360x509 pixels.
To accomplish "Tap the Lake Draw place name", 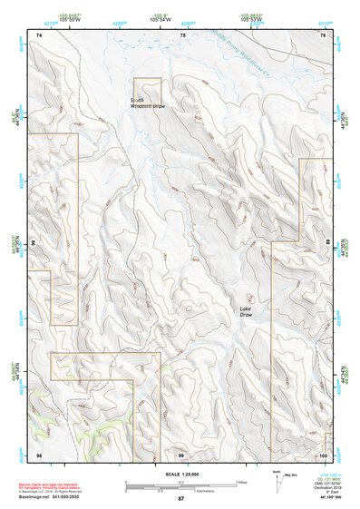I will pyautogui.click(x=246, y=312).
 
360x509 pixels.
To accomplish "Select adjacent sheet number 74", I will pyautogui.click(x=39, y=34).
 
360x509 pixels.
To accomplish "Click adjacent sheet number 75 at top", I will pyautogui.click(x=182, y=34).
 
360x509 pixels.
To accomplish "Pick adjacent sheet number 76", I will pyautogui.click(x=322, y=34).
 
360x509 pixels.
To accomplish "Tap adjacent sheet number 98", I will pyautogui.click(x=39, y=453).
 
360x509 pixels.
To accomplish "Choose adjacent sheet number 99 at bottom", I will pyautogui.click(x=180, y=453).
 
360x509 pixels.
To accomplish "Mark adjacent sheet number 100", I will pyautogui.click(x=322, y=453).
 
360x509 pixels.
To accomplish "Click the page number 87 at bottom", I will pyautogui.click(x=180, y=499).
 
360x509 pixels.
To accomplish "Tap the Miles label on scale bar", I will pyautogui.click(x=241, y=482).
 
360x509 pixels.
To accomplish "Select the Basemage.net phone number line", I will pyautogui.click(x=56, y=498).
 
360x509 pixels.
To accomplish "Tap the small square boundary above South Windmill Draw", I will pyautogui.click(x=148, y=91).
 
